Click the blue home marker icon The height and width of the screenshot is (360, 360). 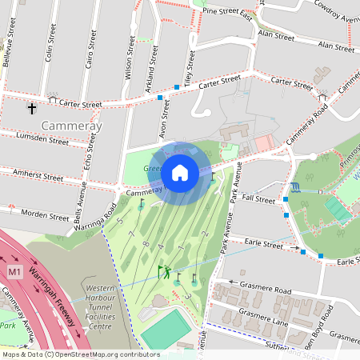point(180,172)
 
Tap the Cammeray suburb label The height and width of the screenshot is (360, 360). point(72,126)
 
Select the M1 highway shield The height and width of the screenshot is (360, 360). point(14,273)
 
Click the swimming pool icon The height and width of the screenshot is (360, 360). point(297,186)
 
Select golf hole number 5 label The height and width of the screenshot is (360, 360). point(120,220)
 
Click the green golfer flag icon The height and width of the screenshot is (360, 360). point(162,271)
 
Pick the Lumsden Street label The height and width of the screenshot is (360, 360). point(42,139)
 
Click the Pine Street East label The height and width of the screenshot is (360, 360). point(228,14)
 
